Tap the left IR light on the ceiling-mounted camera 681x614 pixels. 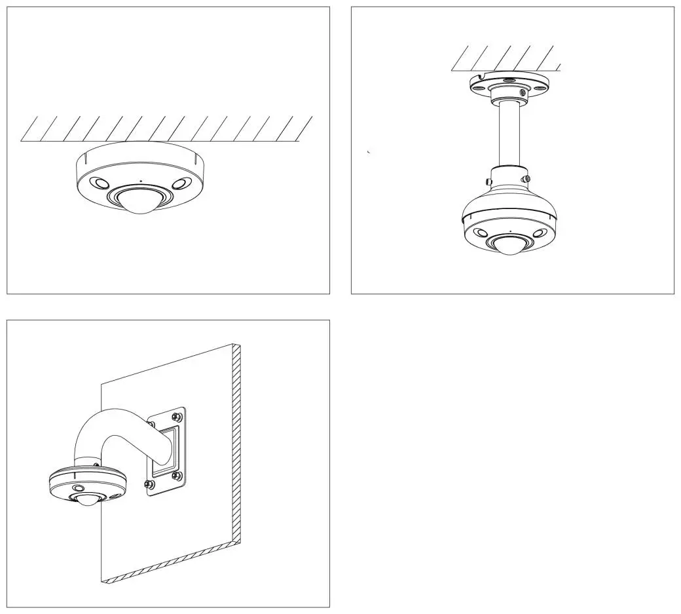point(100,184)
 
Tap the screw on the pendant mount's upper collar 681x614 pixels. point(521,93)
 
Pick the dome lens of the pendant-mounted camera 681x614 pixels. point(509,246)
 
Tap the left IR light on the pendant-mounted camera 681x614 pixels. point(480,232)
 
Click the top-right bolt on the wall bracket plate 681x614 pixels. point(176,416)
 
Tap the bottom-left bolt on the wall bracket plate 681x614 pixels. point(149,485)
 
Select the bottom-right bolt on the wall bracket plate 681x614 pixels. point(176,475)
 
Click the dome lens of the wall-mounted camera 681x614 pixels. point(86,501)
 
